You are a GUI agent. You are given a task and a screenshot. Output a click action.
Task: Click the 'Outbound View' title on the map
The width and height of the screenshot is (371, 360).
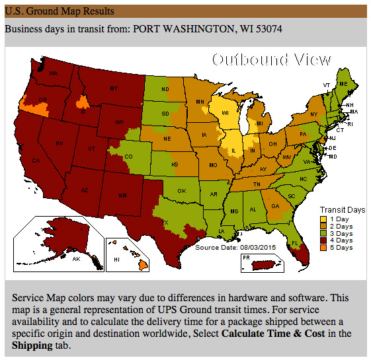[271, 60]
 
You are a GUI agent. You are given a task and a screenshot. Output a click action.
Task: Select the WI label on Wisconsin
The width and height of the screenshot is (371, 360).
[226, 113]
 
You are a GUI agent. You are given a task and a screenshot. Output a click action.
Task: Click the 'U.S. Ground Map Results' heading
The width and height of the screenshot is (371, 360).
[59, 11]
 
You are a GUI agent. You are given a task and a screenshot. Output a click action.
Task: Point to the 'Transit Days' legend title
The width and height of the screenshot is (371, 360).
[342, 210]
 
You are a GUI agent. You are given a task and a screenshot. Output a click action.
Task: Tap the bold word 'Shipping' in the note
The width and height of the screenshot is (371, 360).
[30, 345]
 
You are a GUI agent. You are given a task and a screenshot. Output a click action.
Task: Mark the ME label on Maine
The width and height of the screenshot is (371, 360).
[343, 85]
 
